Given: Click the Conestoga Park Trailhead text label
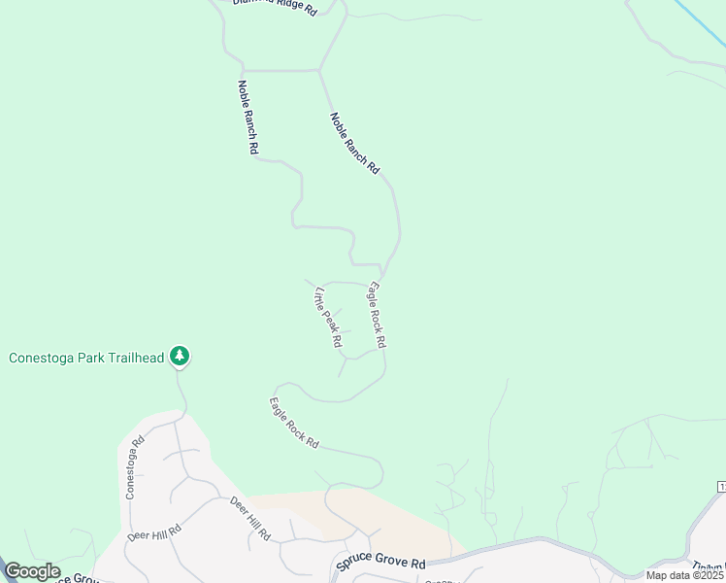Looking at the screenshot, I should [x=85, y=358].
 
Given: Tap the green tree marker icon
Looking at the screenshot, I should [x=179, y=357].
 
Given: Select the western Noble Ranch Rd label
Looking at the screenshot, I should [x=247, y=117].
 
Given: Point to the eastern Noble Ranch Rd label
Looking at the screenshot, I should [x=354, y=143].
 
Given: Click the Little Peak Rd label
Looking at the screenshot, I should [x=328, y=317].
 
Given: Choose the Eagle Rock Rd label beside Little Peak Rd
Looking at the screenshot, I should [x=377, y=315].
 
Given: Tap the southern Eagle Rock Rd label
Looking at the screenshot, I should [x=294, y=423].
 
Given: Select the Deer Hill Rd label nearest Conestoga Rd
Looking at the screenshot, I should [x=154, y=533].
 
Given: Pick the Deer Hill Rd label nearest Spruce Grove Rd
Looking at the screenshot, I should [x=250, y=518].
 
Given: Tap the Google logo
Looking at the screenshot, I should [x=32, y=572].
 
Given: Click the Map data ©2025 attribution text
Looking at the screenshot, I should [x=684, y=575].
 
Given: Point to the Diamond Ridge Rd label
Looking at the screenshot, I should [x=276, y=7].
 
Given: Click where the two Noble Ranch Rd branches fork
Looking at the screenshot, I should [x=320, y=70].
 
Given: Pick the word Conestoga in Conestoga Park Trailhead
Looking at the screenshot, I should [x=40, y=358].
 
